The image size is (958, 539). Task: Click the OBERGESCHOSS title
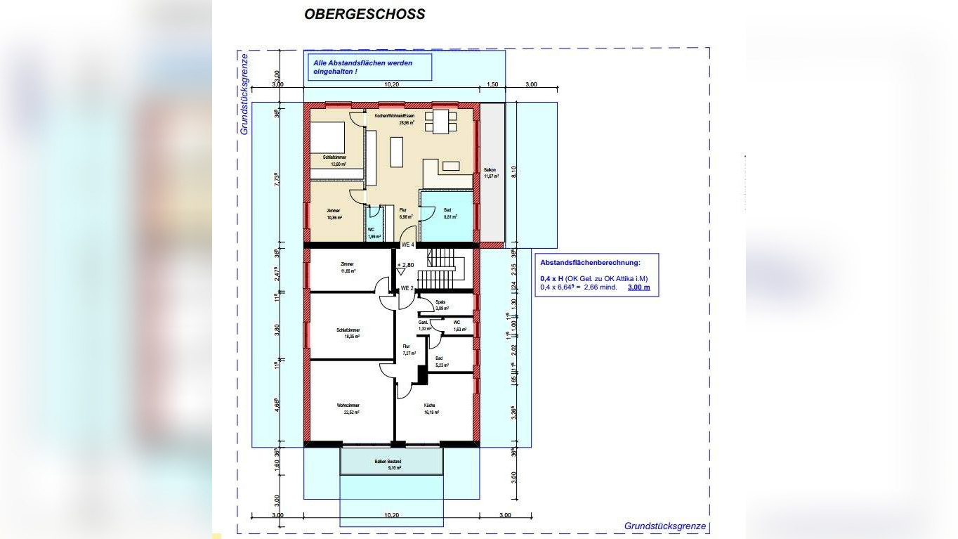[364, 14]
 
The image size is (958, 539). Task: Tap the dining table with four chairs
[441, 122]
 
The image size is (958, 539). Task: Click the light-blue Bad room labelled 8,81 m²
[447, 213]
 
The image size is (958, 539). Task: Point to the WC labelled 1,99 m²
[374, 232]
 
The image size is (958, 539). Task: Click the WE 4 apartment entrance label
[408, 245]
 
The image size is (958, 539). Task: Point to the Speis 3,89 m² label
[442, 306]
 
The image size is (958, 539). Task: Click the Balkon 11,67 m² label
[491, 173]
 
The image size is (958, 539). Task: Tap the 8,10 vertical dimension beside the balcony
[515, 172]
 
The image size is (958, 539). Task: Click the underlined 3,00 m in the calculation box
[638, 287]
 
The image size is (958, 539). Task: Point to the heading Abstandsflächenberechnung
[590, 263]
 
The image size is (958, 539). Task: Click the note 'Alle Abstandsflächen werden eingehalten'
[362, 67]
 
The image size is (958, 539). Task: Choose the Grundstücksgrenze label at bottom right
[664, 526]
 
